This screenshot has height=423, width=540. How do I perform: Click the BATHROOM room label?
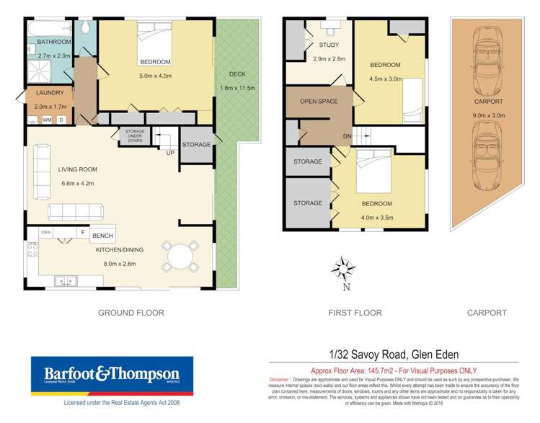point(44,42)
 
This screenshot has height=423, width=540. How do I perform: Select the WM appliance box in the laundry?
point(46,119)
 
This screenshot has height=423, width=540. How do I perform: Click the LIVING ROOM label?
point(77,169)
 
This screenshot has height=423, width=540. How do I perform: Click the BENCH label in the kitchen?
point(102,236)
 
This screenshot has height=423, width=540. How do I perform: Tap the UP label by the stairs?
point(170,153)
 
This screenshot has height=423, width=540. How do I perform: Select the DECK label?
point(237,74)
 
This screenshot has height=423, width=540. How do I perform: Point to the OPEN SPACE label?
point(319,102)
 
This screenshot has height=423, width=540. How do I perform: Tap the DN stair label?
point(347,136)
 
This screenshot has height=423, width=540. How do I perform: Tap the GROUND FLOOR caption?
point(130,313)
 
